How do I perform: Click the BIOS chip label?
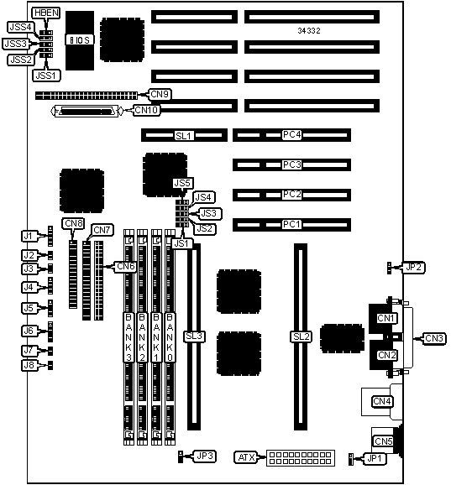tap(79, 40)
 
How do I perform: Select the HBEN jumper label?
tap(46, 13)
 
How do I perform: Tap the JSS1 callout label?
tap(46, 76)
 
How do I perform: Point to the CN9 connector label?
tap(160, 94)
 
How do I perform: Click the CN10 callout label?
tap(147, 110)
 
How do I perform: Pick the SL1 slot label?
tap(184, 136)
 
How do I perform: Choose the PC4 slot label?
tap(291, 135)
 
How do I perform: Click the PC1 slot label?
tap(291, 224)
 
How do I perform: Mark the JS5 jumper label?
tap(182, 183)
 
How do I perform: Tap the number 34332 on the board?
tap(309, 30)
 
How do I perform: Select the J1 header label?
tap(29, 236)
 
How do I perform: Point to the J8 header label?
tap(29, 365)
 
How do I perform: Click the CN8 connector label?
tap(73, 223)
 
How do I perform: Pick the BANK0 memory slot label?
tap(170, 337)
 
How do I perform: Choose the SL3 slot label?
tap(194, 336)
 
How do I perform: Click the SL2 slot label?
tap(301, 336)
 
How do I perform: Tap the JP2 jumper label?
tap(414, 267)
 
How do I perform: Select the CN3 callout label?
tap(434, 338)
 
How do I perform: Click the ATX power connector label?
tap(246, 457)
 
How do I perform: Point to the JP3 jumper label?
tap(205, 456)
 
